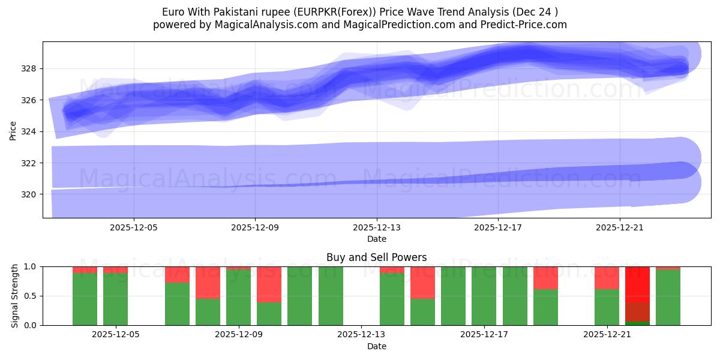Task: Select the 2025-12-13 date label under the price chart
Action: click(377, 227)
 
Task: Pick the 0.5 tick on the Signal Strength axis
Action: click(29, 296)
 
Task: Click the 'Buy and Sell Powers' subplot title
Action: click(376, 257)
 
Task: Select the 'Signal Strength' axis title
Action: click(15, 296)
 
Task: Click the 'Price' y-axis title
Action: click(13, 130)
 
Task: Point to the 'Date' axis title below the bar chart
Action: click(376, 346)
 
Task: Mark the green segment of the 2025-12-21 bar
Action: click(607, 307)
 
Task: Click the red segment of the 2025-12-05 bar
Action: click(115, 269)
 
